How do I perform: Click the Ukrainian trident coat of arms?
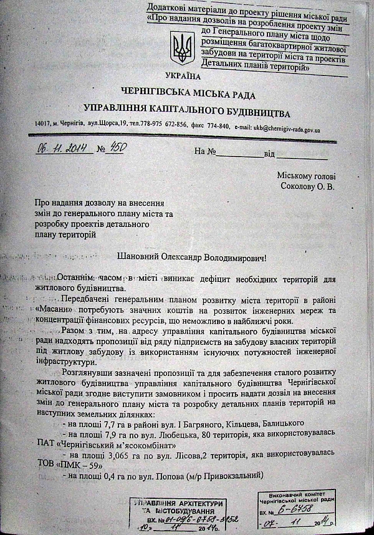point(182,50)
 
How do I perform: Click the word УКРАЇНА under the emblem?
point(185,75)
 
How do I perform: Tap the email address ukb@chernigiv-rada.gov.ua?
point(284,130)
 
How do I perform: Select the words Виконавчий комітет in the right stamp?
point(295,493)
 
